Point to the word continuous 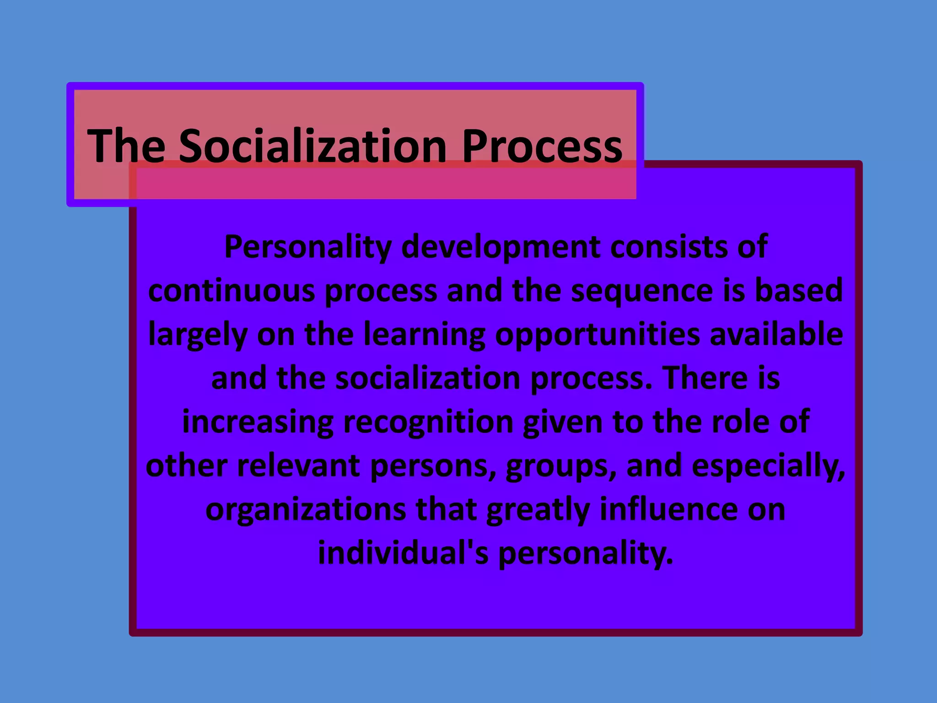click(x=232, y=291)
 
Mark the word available click(x=776, y=334)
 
